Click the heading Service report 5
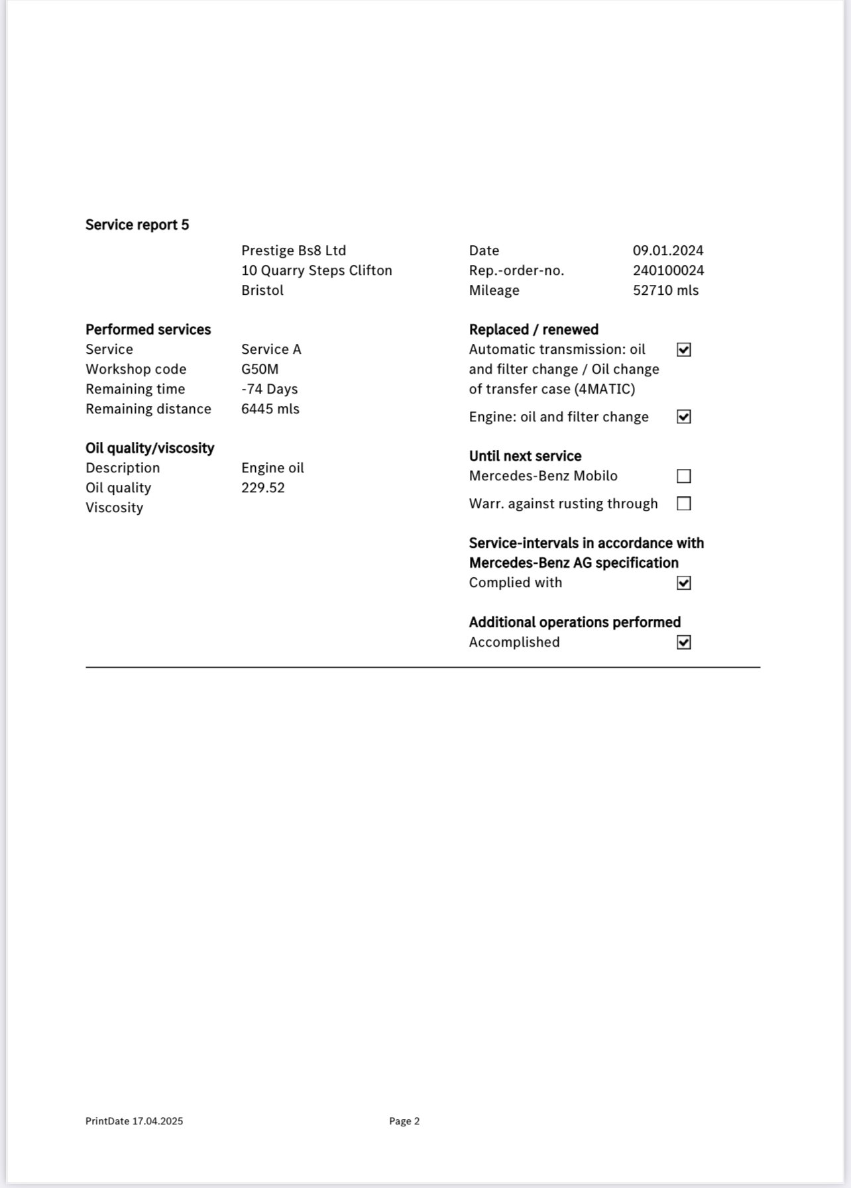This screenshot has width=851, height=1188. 137,225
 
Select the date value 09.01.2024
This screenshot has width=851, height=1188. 667,250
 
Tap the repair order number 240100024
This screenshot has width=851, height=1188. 668,270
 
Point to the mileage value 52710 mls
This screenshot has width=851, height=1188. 665,290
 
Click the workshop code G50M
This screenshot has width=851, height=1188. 260,369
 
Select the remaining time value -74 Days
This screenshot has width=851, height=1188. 269,389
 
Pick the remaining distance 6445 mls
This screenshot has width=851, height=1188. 270,409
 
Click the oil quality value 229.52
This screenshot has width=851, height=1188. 262,488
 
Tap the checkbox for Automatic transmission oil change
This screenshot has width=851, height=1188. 683,350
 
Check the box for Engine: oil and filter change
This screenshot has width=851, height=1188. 683,417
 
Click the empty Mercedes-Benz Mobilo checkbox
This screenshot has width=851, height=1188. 683,476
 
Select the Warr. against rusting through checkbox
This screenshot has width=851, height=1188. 683,504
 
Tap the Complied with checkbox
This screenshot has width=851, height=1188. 683,583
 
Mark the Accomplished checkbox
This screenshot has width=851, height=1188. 683,643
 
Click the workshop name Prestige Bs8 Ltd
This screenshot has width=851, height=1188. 293,250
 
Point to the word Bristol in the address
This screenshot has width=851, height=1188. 262,290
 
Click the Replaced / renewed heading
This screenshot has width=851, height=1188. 533,329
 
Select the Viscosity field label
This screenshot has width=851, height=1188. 114,508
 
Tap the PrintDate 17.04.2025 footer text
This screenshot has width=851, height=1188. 134,1121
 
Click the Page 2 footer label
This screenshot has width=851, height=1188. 404,1121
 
